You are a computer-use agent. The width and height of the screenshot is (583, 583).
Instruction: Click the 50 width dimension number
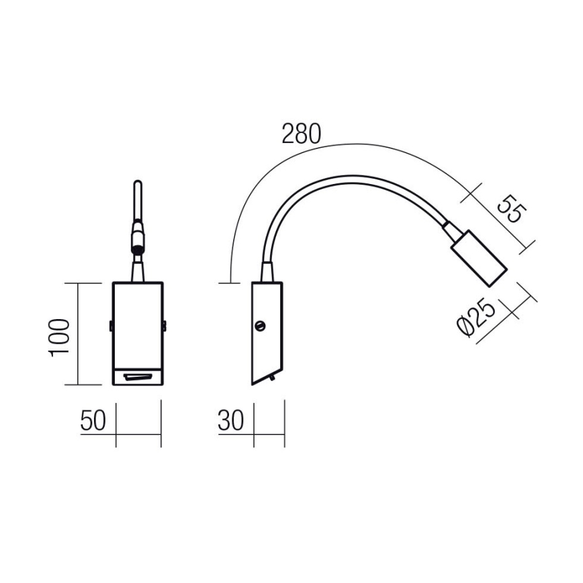tap(93, 421)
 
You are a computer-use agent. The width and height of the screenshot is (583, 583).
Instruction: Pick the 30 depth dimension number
tap(230, 421)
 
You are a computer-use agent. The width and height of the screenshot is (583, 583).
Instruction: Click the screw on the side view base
tap(261, 327)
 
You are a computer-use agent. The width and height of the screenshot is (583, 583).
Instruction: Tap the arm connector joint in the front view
tap(138, 238)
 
